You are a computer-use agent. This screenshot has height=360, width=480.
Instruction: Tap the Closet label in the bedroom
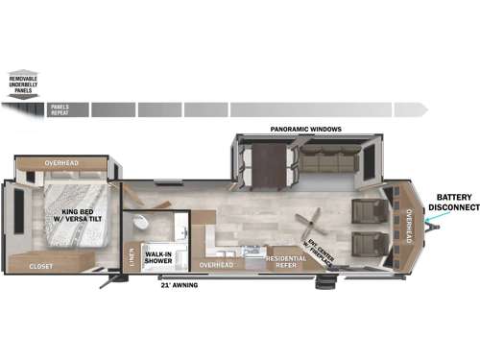tap(40, 266)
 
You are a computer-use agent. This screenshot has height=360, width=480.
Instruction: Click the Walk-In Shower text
tap(158, 257)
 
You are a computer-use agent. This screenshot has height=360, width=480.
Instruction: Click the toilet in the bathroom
tap(141, 223)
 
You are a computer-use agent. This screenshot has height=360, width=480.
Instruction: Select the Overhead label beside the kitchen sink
tap(215, 264)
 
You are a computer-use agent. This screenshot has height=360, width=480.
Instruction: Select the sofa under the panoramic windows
tap(327, 161)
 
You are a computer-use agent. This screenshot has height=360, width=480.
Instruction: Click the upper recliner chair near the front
tap(368, 210)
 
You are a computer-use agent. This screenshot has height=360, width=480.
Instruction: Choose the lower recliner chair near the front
tap(368, 245)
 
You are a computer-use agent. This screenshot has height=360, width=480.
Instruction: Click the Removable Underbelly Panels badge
tap(22, 84)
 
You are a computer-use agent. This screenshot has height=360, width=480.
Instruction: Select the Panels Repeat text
tap(59, 109)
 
